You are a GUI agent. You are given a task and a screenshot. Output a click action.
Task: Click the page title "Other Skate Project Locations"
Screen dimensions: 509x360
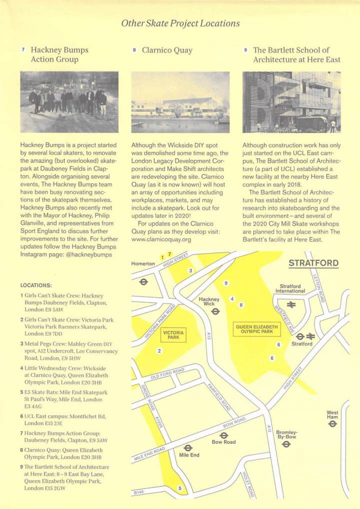tap(180, 23)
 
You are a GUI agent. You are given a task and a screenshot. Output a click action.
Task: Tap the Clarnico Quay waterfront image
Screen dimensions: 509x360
tap(180, 102)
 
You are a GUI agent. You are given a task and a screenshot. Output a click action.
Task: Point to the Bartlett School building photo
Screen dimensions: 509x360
tap(291, 102)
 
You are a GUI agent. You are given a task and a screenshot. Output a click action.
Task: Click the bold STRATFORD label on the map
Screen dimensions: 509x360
tap(313, 263)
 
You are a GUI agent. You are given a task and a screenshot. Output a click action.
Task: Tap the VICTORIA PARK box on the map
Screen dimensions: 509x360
tap(173, 335)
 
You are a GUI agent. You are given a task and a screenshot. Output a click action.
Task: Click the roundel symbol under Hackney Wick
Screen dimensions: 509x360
tap(215, 311)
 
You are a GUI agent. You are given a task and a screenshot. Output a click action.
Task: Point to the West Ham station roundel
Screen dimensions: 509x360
tap(332, 424)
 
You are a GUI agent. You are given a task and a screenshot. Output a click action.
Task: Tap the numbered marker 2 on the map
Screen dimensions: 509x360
tap(159, 351)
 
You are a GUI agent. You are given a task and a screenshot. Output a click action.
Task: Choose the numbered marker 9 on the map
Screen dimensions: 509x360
tap(226, 283)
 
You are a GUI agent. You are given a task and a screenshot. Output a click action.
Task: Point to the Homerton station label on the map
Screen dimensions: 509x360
tap(143, 263)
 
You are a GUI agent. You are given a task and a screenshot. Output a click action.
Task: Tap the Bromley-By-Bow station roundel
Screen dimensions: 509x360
tap(286, 445)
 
